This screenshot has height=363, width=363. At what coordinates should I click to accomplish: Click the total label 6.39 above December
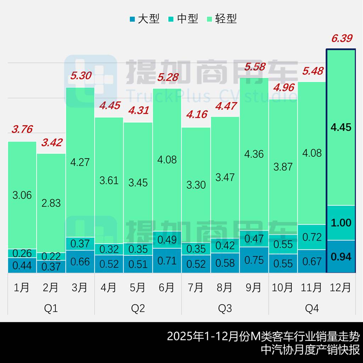[341, 38]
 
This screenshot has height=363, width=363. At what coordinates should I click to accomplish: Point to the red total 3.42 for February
[51, 143]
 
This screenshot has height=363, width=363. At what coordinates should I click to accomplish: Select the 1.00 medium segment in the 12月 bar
[341, 223]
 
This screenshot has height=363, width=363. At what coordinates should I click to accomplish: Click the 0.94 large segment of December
[341, 256]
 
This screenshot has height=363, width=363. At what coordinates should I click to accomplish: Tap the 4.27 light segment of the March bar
[80, 162]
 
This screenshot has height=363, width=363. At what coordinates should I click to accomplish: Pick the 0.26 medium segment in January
[22, 253]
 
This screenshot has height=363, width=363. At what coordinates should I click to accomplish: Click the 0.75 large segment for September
[254, 260]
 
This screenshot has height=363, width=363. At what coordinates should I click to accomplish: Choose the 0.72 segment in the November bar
[312, 237]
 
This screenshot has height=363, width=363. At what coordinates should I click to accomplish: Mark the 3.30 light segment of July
[196, 185]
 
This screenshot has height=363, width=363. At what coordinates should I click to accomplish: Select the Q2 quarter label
[138, 308]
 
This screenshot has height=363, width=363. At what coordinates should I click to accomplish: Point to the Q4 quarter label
[312, 308]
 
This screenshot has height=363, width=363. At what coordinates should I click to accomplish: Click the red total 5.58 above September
[254, 66]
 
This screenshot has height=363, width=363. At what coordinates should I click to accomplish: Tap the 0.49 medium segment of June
[167, 240]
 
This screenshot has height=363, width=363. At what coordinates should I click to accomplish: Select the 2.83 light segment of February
[51, 203]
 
